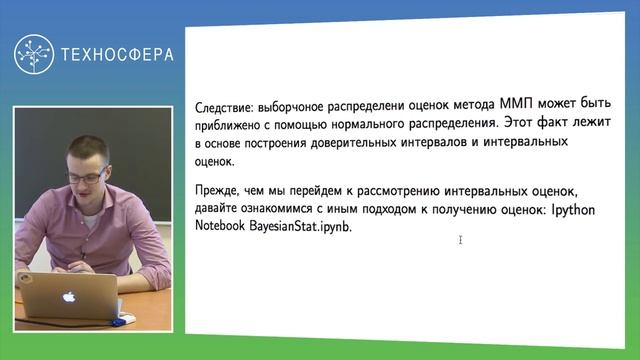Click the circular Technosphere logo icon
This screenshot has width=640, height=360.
coord(34,55)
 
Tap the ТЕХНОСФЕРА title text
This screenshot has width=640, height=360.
coord(116,55)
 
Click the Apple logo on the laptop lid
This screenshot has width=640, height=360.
coord(70,296)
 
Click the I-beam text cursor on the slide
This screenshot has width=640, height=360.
coord(460,240)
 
